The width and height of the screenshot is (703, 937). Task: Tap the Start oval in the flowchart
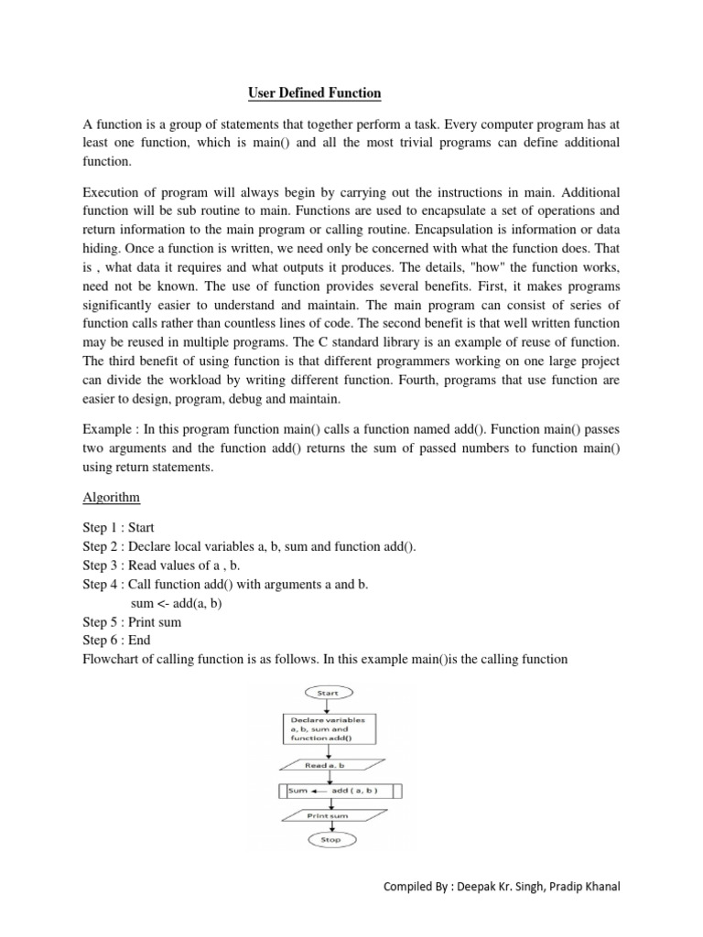click(x=327, y=694)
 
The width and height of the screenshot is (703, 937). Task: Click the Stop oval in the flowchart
click(x=330, y=839)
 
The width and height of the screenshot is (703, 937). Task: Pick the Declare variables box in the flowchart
click(x=329, y=729)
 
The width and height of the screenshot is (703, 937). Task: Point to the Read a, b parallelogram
click(x=328, y=765)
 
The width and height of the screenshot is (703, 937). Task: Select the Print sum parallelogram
click(x=330, y=814)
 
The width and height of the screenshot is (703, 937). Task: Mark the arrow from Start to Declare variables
click(x=328, y=706)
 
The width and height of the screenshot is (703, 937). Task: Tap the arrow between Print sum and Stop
click(x=330, y=825)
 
